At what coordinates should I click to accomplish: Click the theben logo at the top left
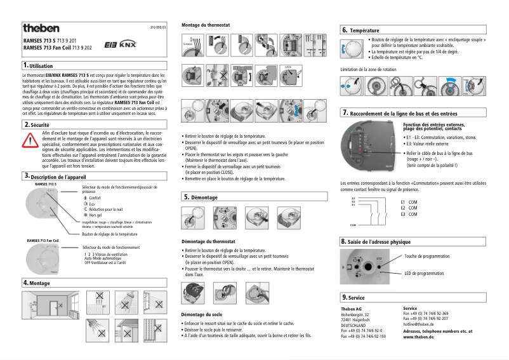point(41,29)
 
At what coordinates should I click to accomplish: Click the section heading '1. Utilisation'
point(38,65)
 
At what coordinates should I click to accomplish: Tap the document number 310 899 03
point(158,29)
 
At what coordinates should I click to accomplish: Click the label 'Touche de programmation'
point(430,257)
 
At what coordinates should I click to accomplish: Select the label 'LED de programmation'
point(424,273)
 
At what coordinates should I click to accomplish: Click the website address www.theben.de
point(418,337)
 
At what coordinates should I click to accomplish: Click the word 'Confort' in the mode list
point(95,198)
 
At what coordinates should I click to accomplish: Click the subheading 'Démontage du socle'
point(201,314)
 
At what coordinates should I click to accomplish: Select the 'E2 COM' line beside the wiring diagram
point(409,208)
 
